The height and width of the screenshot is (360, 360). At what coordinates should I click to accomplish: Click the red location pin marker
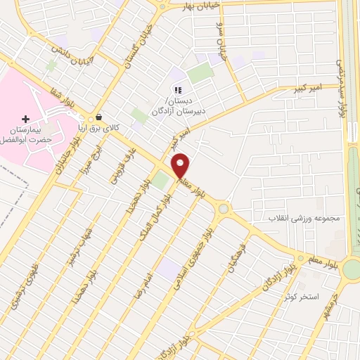pos(181,166)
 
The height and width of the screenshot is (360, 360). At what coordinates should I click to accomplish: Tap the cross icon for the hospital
pos(27,119)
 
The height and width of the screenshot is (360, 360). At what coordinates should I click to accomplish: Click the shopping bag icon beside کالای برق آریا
pos(98,117)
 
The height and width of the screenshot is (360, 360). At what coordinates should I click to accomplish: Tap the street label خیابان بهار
pos(203,4)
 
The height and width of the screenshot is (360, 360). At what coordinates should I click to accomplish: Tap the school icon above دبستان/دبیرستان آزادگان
pos(178,90)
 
